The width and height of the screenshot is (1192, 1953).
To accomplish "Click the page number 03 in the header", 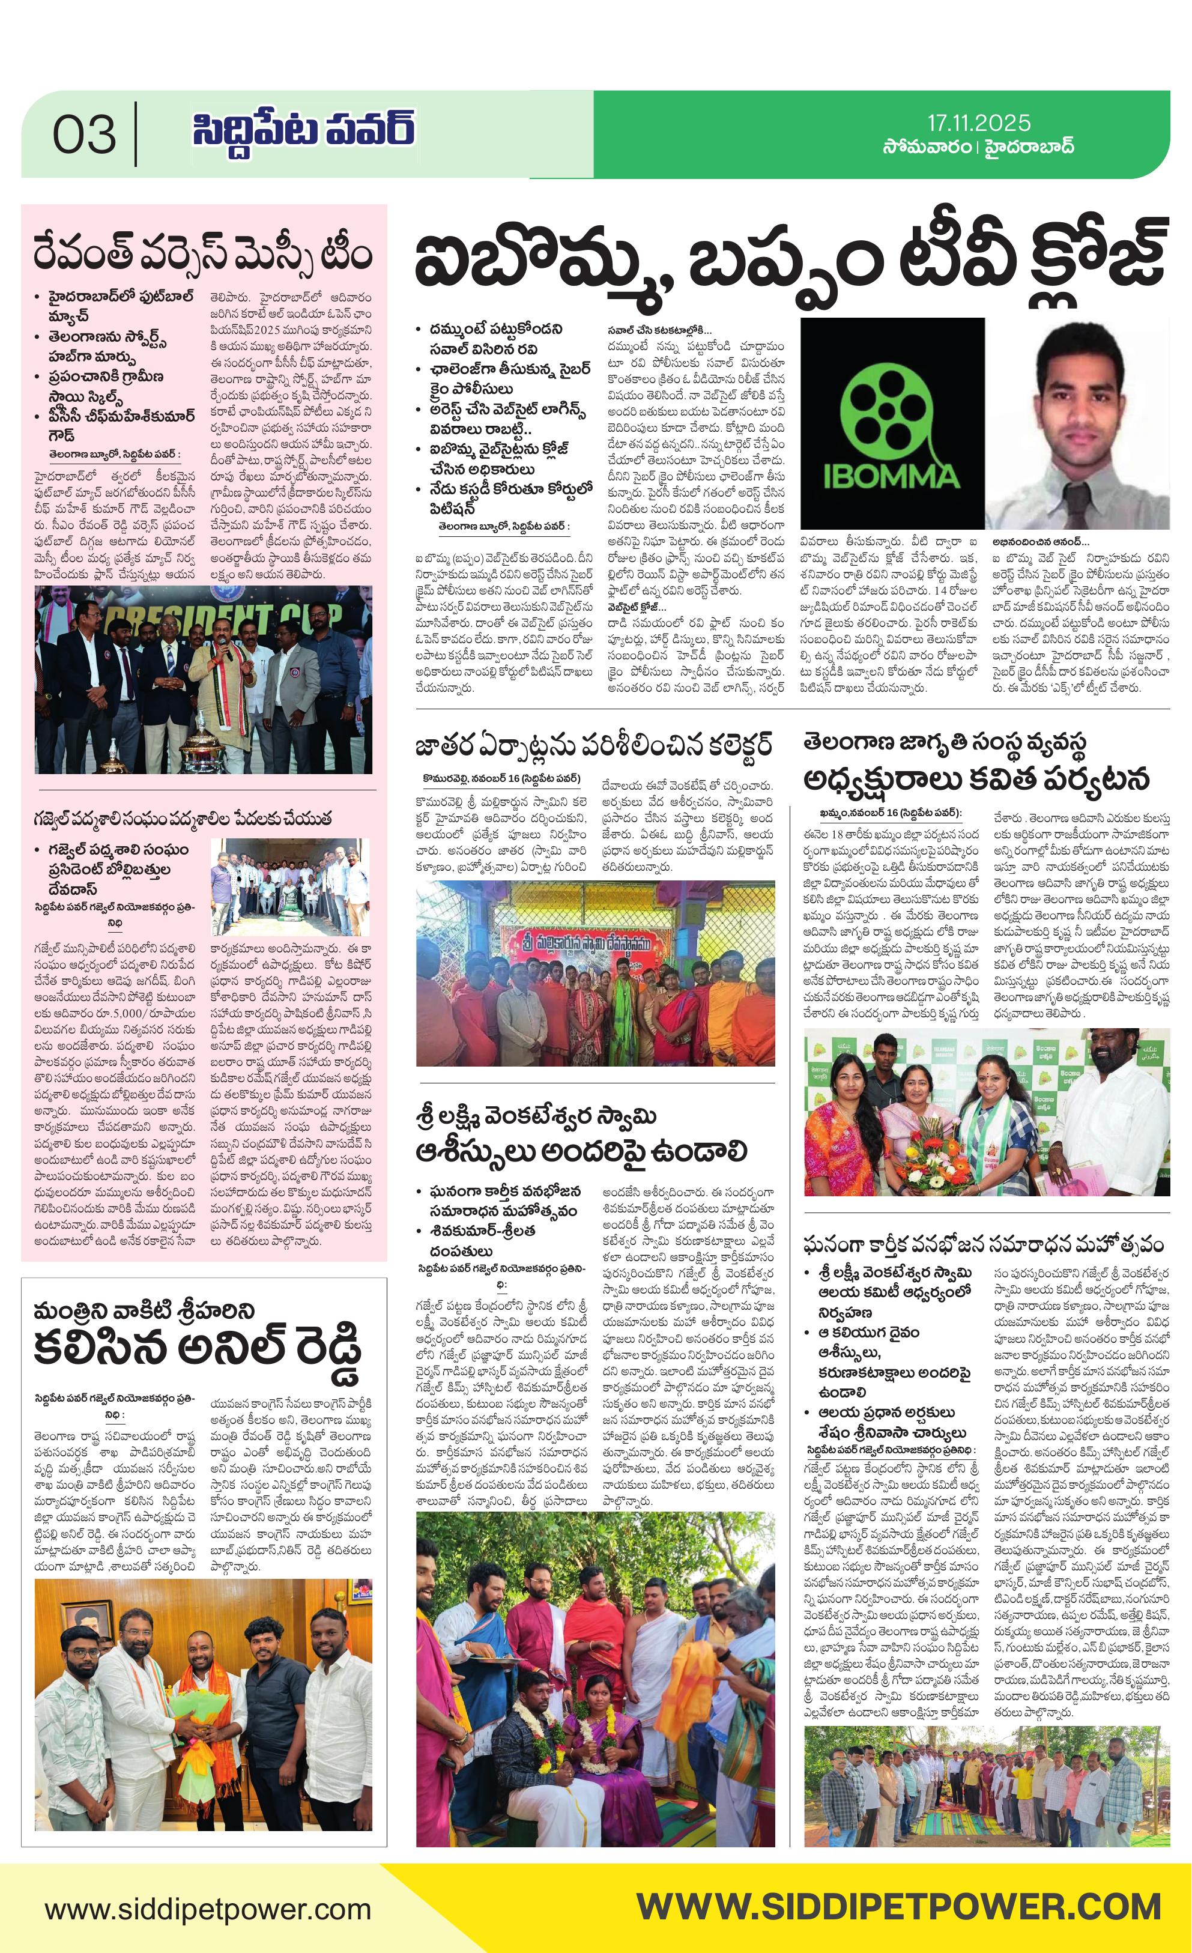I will point(84,135).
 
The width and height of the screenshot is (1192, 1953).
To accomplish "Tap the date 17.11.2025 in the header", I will point(979,123).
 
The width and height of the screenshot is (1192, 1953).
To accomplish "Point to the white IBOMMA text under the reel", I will point(892,477).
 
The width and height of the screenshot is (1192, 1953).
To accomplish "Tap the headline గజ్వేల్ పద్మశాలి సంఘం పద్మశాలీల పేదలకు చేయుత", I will point(183,818).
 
